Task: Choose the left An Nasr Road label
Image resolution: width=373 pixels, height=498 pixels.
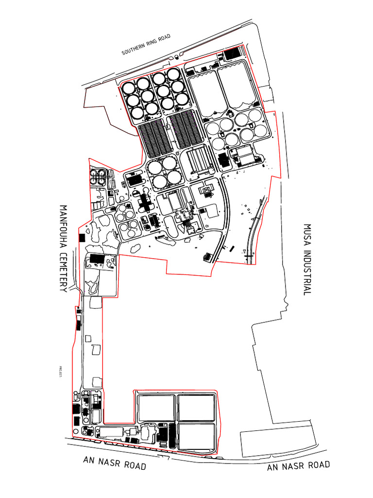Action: point(115,462)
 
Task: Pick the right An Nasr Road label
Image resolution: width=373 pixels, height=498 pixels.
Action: point(299,466)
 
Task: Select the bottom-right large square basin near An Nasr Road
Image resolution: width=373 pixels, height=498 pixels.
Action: point(197,437)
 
